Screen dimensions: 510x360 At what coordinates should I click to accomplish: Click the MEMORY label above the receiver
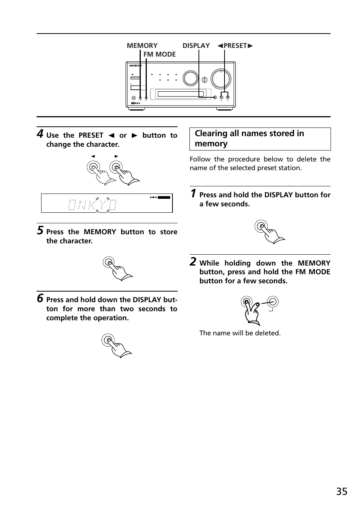coord(142,46)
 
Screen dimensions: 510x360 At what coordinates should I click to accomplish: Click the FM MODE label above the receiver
coord(159,54)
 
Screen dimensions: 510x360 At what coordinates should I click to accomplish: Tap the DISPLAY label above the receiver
coord(196,46)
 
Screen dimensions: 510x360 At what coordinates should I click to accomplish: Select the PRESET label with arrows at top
coord(235,46)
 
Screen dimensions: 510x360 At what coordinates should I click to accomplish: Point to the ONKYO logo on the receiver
coord(135,66)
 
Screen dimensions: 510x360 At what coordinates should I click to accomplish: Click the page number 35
coord(342,492)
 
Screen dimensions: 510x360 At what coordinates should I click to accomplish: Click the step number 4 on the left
coord(40,134)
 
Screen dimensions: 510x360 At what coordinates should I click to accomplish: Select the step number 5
coord(40,230)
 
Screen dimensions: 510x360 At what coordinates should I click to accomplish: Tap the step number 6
coord(40,298)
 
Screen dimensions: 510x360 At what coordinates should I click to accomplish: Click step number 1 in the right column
coord(193,194)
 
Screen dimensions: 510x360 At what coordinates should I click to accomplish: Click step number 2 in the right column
coord(193,262)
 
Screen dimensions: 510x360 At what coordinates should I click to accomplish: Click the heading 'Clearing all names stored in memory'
coord(249,138)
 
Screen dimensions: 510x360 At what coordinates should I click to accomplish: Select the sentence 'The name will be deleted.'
coord(240,333)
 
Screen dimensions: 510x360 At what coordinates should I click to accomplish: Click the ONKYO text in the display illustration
coord(92,205)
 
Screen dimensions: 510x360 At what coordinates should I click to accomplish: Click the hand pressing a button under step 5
coord(118,269)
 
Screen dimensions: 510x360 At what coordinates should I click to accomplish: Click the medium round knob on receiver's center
coord(190,78)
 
